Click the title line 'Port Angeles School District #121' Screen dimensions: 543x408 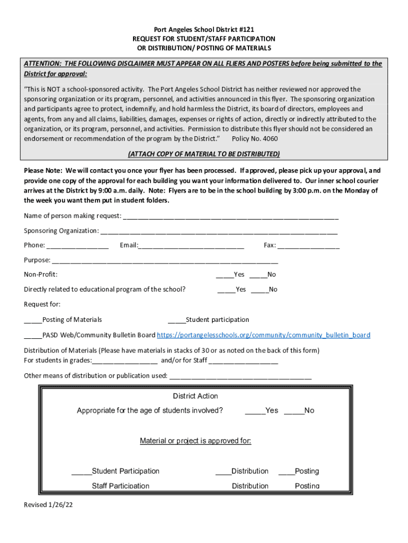click(204, 30)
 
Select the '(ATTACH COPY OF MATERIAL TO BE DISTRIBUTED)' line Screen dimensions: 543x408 click(204, 154)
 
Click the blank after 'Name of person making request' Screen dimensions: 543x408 click(230, 216)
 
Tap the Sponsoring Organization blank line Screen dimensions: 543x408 click(218, 231)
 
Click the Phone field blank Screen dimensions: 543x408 click(77, 246)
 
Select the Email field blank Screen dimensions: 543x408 click(191, 246)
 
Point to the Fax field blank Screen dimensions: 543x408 click(308, 246)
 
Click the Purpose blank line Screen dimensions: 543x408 click(164, 260)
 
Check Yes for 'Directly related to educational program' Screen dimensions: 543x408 click(226, 290)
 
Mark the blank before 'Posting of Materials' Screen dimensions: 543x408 click(33, 320)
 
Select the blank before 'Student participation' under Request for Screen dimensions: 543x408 click(176, 320)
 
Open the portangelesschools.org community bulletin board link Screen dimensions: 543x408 click(263, 335)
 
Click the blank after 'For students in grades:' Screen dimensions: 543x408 click(125, 361)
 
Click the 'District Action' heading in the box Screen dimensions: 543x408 click(195, 396)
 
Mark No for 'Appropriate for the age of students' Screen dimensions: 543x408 click(294, 411)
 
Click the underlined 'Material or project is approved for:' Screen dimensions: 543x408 click(195, 441)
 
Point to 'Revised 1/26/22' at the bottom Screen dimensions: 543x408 click(48, 505)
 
